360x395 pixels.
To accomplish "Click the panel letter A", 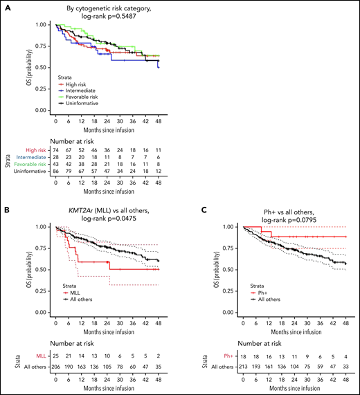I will point(5,6).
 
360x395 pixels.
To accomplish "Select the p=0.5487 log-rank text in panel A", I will point(109,15).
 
